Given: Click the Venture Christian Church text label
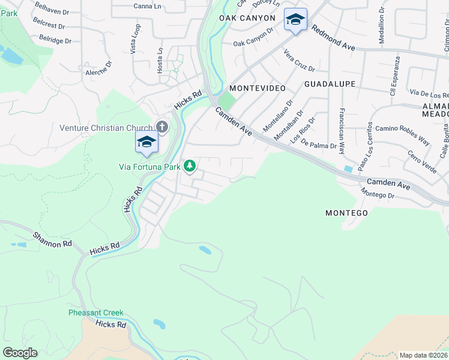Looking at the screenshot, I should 106,128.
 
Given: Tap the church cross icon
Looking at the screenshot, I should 162,127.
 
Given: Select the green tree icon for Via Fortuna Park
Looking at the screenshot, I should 190,165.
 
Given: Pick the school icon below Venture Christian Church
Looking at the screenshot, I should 146,142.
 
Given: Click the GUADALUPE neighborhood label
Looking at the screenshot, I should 330,84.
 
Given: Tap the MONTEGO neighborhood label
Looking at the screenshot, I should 346,213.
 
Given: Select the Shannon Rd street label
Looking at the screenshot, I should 52,239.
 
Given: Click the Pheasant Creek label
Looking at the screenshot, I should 95,313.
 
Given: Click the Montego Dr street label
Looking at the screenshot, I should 378,194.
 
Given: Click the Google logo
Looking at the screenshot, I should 20,353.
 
